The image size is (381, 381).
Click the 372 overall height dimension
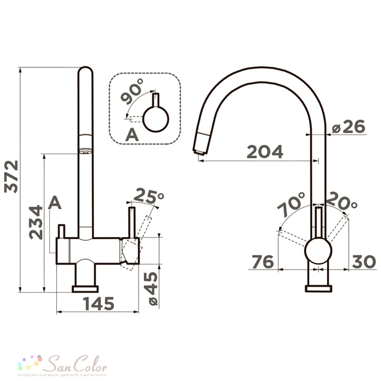[x=11, y=176]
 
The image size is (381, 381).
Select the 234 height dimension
[x=35, y=223]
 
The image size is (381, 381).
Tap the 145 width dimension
[x=98, y=304]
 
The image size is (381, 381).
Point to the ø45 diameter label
[x=153, y=289]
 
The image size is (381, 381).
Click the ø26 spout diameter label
[x=349, y=126]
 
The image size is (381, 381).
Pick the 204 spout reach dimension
[x=265, y=152]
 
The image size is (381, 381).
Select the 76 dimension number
[x=263, y=262]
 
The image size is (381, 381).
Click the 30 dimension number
[x=363, y=262]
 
